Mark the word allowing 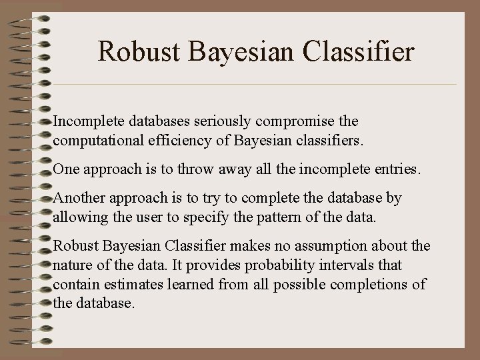coord(75,217)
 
